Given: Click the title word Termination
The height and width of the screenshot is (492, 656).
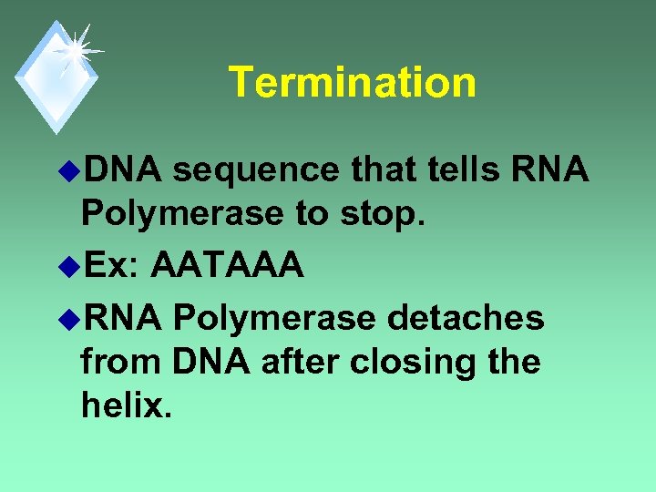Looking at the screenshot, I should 352,82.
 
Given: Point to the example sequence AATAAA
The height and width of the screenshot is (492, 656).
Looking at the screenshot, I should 227,266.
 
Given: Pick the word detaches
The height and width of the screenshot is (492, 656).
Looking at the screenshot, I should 466,319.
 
